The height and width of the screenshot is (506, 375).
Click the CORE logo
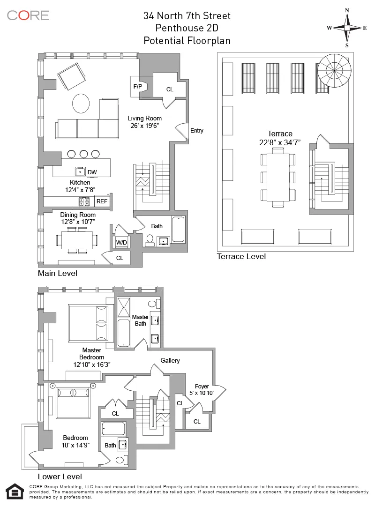(x=28, y=15)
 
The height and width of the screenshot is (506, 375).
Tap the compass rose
(x=347, y=28)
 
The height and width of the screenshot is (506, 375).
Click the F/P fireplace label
(x=138, y=87)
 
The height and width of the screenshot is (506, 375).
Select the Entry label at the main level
(x=197, y=131)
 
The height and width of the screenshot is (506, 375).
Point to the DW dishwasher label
(x=92, y=172)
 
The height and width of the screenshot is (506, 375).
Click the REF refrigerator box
(x=101, y=201)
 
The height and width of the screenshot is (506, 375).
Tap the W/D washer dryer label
(x=122, y=242)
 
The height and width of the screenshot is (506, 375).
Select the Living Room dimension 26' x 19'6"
(x=144, y=126)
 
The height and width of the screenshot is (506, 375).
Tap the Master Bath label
(x=140, y=320)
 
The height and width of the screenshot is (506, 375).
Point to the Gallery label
(x=170, y=361)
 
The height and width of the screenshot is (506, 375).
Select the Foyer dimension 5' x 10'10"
(x=202, y=393)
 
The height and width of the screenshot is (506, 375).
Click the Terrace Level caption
(x=241, y=256)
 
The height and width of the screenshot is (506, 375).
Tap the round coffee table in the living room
(x=81, y=104)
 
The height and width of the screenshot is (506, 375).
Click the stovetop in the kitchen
(x=84, y=201)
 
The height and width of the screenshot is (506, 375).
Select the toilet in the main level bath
(x=150, y=240)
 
